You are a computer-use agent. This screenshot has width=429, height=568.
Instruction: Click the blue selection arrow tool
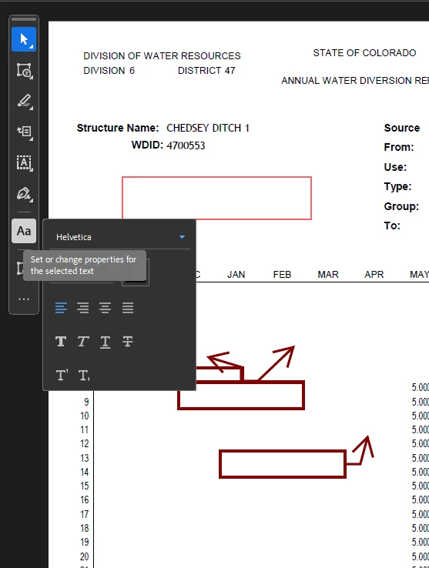click(x=24, y=39)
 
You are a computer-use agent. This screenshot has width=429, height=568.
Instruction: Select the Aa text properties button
click(x=24, y=231)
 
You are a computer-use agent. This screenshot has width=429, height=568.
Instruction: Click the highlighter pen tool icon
click(x=25, y=101)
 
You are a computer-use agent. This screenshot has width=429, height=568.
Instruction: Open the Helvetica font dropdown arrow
click(x=182, y=237)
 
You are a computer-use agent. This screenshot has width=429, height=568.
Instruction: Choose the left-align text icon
click(x=61, y=308)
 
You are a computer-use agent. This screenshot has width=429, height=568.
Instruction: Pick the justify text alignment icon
click(x=128, y=308)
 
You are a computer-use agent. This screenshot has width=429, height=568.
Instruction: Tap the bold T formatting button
click(x=61, y=341)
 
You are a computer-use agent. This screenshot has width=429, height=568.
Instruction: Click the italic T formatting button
click(x=83, y=341)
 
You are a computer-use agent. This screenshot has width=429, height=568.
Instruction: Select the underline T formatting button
click(x=106, y=342)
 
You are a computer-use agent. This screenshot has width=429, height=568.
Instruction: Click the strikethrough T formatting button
click(x=128, y=341)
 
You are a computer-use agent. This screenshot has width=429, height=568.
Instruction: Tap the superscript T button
click(x=62, y=375)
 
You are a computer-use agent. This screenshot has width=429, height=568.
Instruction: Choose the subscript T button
click(x=84, y=376)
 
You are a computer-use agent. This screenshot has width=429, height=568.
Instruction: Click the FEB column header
click(x=282, y=275)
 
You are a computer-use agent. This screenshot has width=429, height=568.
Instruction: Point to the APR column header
click(x=374, y=275)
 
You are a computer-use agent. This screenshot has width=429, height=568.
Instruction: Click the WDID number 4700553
click(x=186, y=145)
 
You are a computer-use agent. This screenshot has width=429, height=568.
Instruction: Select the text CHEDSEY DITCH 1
click(x=208, y=128)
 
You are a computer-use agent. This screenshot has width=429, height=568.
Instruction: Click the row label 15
click(x=85, y=486)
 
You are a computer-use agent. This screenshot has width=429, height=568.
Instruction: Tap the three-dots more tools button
click(x=24, y=299)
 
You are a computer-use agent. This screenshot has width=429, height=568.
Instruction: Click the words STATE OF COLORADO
click(x=364, y=53)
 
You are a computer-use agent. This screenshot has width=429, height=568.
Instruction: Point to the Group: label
click(x=401, y=206)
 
